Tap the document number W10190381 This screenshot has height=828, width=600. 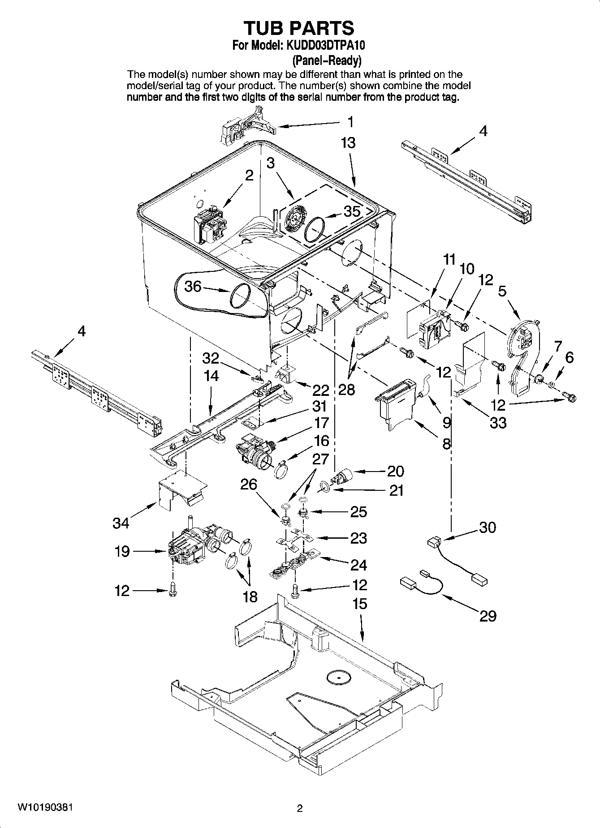45,807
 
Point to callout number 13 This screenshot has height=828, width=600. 348,142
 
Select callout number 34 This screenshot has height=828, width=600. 121,522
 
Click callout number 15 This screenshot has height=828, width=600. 360,604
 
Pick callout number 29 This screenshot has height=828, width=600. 488,616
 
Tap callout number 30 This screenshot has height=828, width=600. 487,527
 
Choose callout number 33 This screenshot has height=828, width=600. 498,422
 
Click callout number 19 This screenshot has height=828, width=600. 122,551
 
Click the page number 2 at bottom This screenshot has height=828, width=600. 300,808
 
